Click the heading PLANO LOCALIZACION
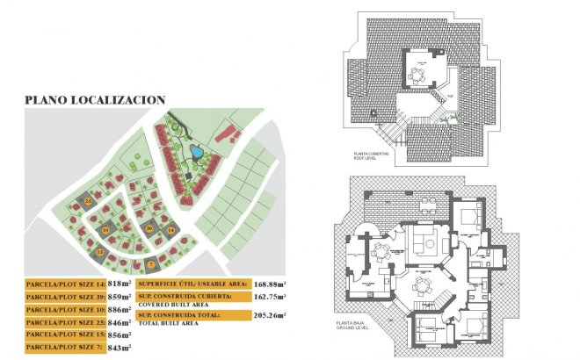95,100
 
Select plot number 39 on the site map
149,228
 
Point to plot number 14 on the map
171,230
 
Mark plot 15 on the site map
102,252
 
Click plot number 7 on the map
151,263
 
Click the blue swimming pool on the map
198,153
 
